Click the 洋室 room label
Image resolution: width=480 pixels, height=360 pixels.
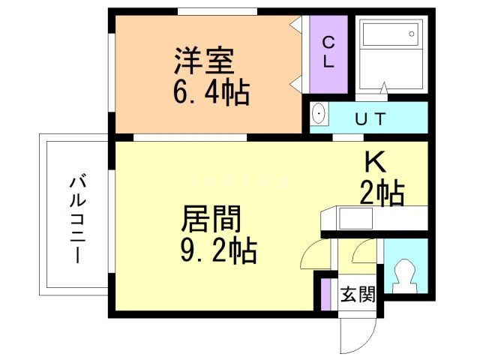coord(205,61)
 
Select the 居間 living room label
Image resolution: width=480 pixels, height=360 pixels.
coord(211,220)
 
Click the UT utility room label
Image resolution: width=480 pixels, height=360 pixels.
coord(370,118)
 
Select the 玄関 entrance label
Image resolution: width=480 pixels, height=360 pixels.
coord(357,294)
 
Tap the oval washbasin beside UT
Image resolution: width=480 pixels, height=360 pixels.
coord(319,115)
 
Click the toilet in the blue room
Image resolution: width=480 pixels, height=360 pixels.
coord(405,274)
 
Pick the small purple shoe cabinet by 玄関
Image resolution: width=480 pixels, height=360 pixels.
coord(325,293)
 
